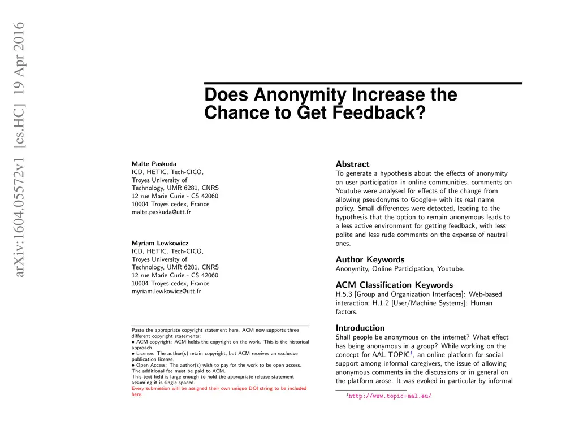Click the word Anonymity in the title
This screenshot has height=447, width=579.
(300, 94)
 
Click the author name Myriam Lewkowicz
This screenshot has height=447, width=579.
(157, 243)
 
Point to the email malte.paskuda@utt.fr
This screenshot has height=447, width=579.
(161, 212)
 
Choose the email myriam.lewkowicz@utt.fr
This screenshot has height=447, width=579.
(166, 291)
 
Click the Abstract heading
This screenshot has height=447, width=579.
(352, 164)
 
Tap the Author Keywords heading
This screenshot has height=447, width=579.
(370, 259)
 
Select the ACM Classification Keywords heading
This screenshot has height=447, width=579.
(394, 285)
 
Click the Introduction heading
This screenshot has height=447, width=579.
(360, 328)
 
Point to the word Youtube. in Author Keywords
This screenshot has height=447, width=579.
(450, 268)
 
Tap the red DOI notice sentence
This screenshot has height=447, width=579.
(219, 391)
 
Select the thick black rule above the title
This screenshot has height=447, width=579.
(363, 83)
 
